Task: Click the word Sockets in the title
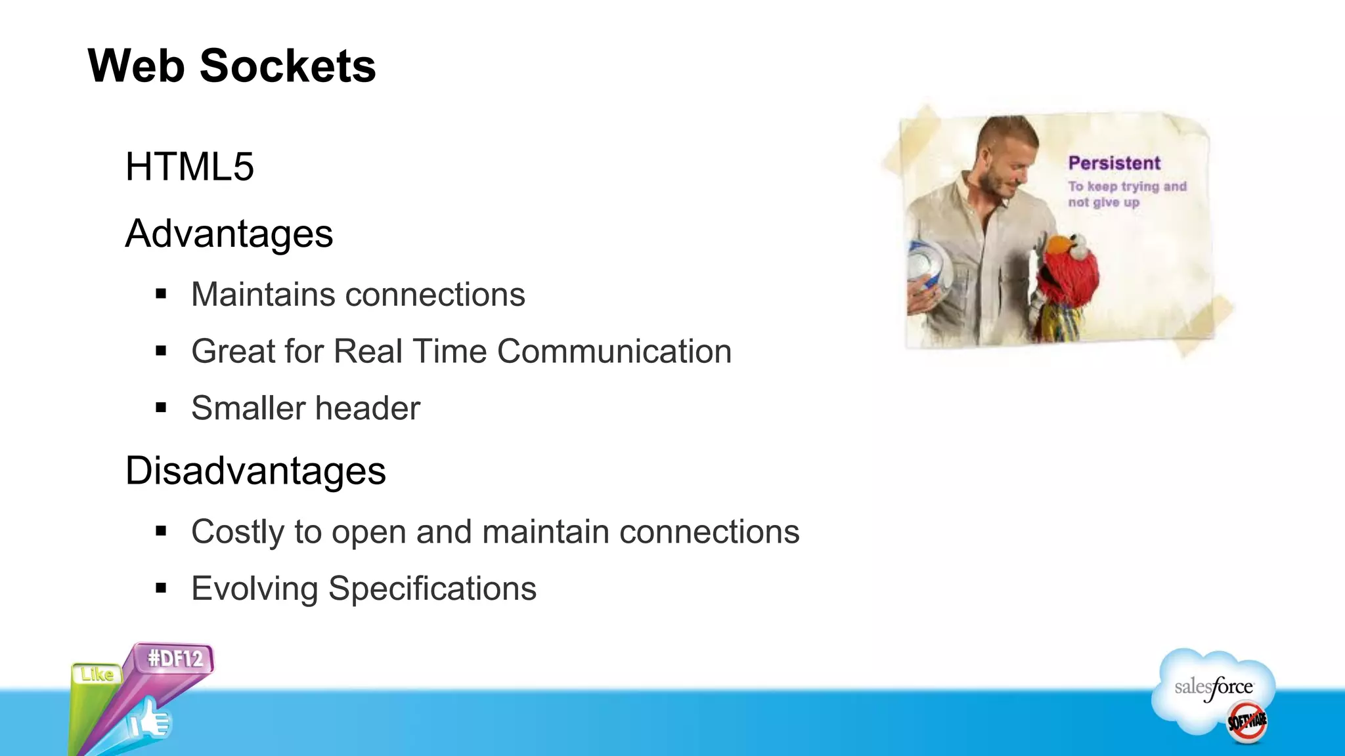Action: click(x=288, y=66)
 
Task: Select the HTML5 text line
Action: click(x=189, y=167)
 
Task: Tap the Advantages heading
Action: click(x=229, y=234)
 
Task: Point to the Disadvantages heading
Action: click(x=255, y=471)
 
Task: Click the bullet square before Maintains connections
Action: click(x=162, y=295)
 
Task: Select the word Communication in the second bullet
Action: click(x=614, y=351)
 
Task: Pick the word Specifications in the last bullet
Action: click(x=432, y=589)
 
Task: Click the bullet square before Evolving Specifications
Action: click(x=162, y=589)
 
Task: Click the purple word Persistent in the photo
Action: click(x=1114, y=163)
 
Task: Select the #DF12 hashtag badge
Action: click(x=175, y=658)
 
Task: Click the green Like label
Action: click(x=97, y=674)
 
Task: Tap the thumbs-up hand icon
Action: click(x=150, y=721)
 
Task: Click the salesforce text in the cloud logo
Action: click(x=1213, y=688)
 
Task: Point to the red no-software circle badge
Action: click(x=1246, y=722)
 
